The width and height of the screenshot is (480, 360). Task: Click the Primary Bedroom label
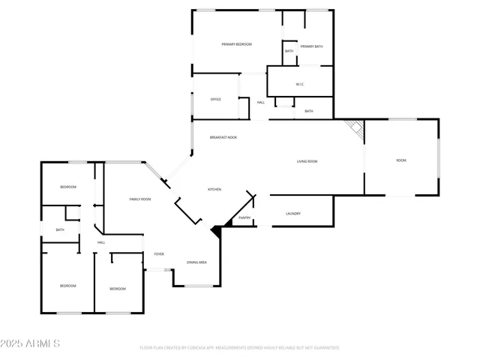236,45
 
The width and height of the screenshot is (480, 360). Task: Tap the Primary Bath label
310,46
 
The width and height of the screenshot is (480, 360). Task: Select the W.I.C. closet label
299,84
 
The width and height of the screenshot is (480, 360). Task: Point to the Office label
215,99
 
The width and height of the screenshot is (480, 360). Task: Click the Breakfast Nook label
223,137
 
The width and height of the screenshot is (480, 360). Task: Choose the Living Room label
307,161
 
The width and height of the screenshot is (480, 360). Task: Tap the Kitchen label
214,189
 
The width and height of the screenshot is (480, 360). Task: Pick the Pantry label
244,217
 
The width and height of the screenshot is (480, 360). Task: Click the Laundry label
293,214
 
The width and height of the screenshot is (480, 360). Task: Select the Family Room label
140,199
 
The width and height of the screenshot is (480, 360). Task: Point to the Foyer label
159,254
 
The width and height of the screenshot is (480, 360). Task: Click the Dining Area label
196,262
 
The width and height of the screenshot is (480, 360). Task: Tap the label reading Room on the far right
401,160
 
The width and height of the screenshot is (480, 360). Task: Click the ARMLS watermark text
31,343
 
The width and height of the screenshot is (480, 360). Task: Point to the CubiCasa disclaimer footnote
239,348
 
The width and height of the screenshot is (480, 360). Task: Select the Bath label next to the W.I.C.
308,111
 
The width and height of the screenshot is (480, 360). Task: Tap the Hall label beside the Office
261,103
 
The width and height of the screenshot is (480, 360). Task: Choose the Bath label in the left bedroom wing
60,230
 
